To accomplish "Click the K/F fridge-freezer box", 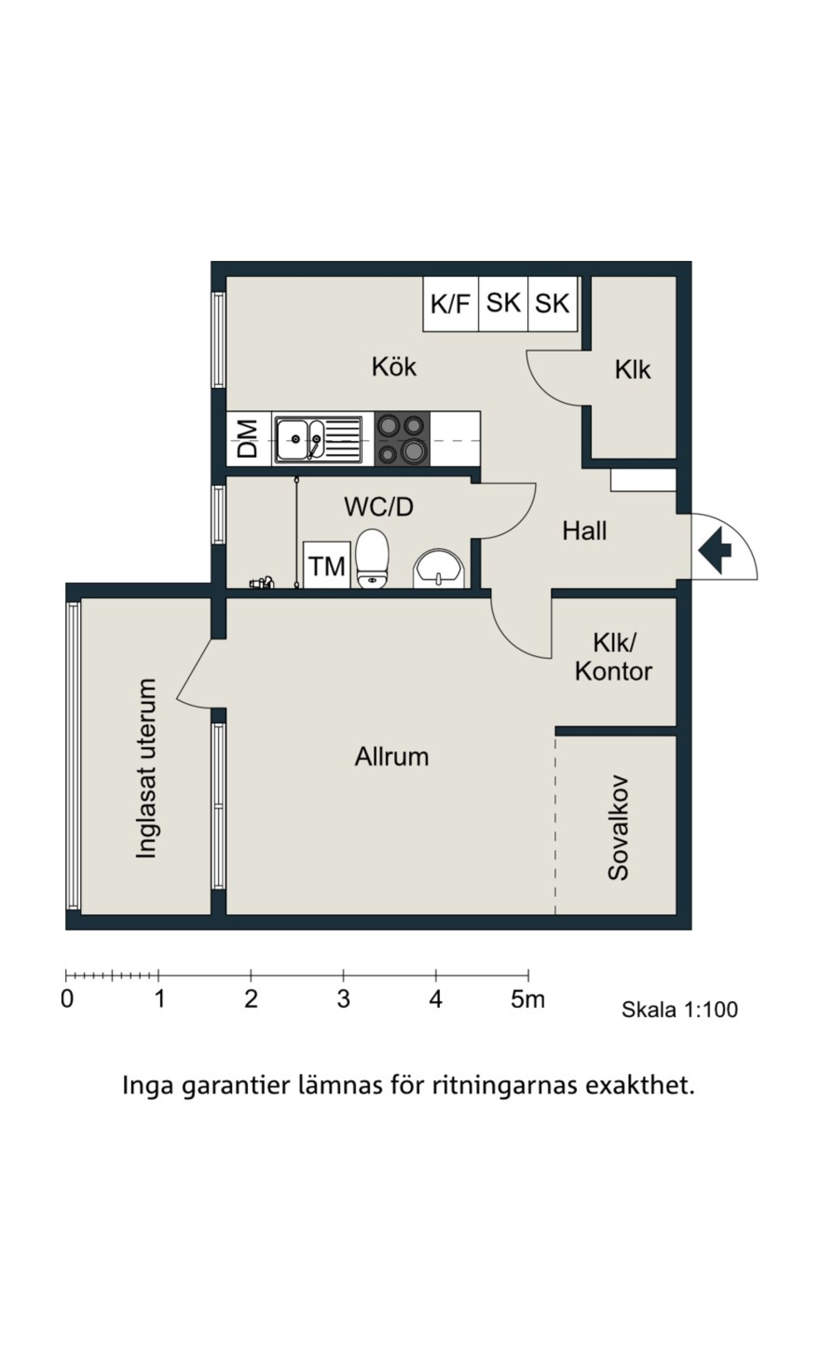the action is click(451, 304).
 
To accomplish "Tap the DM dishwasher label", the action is click(248, 439).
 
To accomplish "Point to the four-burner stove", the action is click(402, 439).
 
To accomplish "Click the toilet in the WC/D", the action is click(372, 558).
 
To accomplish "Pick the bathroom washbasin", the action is click(439, 568).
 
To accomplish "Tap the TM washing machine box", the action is click(326, 565).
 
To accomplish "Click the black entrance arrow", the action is click(715, 551).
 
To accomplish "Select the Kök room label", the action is click(394, 366).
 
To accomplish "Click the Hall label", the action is click(584, 531).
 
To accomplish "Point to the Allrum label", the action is click(391, 757).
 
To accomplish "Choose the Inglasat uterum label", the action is click(146, 768).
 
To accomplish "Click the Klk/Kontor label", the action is click(614, 658).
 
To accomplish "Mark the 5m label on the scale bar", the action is click(528, 1000).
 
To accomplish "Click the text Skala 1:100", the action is click(680, 1010).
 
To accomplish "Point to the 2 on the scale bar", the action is click(251, 1000).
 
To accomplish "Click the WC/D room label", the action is click(379, 507).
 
